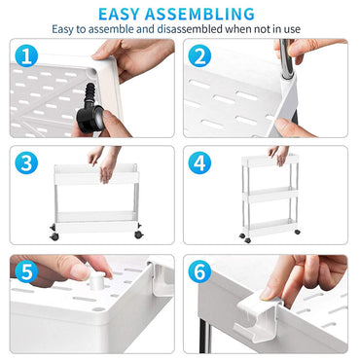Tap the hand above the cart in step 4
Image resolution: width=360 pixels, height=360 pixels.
click(x=279, y=153)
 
